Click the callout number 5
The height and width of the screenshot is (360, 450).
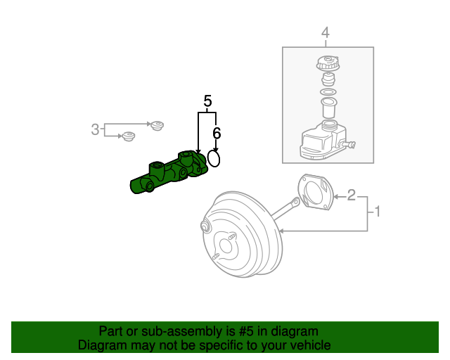(x=207, y=101)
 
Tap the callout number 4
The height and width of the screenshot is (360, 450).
(x=325, y=32)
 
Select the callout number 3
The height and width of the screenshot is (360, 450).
(x=96, y=129)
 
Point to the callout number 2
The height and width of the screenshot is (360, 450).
(x=352, y=195)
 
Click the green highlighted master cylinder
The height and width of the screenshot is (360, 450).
(x=169, y=174)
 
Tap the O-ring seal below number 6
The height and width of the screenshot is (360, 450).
(x=214, y=160)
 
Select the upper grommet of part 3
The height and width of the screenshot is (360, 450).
(x=157, y=126)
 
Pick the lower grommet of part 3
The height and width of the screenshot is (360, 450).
(x=128, y=136)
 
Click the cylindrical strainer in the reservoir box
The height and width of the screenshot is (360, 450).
(x=327, y=108)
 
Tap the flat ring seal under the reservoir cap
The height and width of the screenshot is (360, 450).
(x=327, y=92)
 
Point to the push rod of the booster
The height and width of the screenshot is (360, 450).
(x=285, y=208)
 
